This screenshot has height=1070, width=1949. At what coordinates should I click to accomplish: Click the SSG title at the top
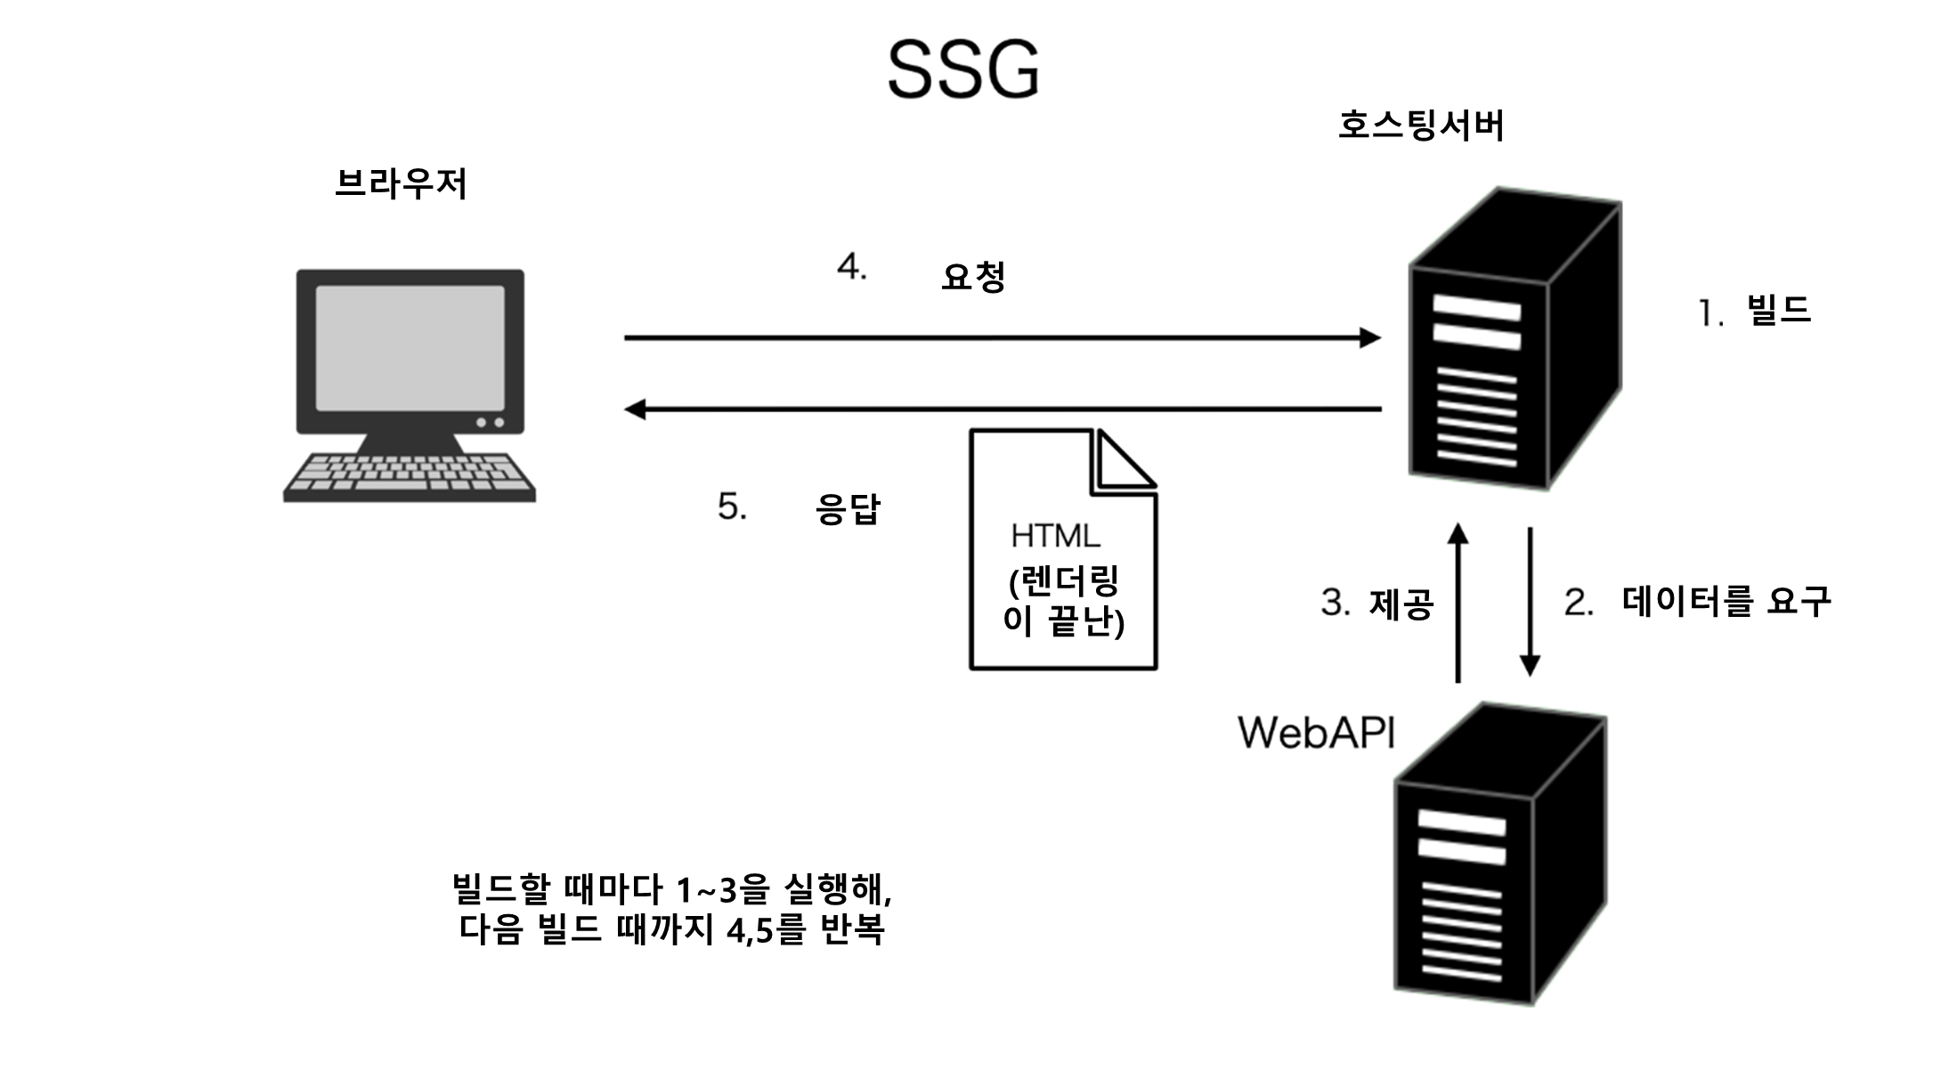click(x=963, y=69)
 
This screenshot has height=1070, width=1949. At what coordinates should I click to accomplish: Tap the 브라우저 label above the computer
click(x=401, y=184)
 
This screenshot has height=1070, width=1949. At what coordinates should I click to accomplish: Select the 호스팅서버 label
click(x=1421, y=126)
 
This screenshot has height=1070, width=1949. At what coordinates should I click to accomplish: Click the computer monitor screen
click(x=410, y=347)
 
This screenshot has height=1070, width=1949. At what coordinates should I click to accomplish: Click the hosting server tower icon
click(x=1514, y=338)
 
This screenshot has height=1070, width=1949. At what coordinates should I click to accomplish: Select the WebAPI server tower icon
click(x=1499, y=855)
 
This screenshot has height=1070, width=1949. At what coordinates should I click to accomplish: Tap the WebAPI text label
click(x=1316, y=733)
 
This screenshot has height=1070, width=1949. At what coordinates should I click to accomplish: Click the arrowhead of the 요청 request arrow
click(x=1371, y=338)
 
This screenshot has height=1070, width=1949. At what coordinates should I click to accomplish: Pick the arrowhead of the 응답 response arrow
click(x=635, y=409)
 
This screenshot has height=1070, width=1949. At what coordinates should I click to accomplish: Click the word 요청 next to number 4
click(x=973, y=277)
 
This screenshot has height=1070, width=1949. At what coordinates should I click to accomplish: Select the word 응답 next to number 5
click(x=848, y=508)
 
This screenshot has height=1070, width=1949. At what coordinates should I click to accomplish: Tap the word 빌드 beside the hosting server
click(x=1779, y=311)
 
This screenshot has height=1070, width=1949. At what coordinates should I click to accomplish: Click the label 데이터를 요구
click(x=1726, y=602)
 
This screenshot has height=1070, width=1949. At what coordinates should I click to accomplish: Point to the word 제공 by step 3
click(x=1401, y=604)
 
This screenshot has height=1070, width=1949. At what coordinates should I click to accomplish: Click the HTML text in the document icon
click(x=1055, y=536)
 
